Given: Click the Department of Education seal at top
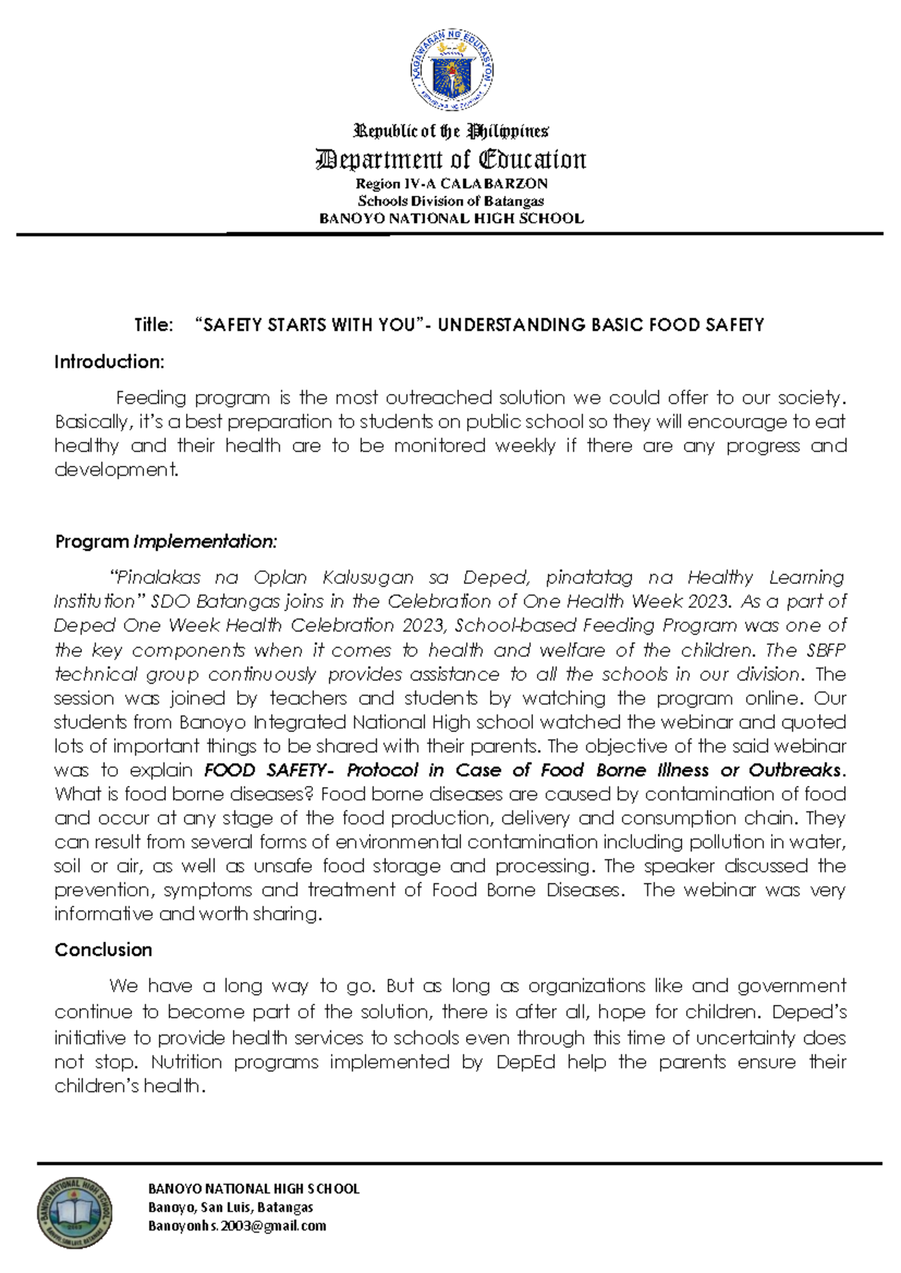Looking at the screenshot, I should pyautogui.click(x=451, y=73).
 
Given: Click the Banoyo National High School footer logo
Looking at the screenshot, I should pyautogui.click(x=74, y=1212).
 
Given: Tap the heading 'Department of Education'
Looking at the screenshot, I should pyautogui.click(x=451, y=160).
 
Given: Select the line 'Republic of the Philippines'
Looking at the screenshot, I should pyautogui.click(x=451, y=131).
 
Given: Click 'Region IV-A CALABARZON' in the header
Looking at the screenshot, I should pyautogui.click(x=451, y=184).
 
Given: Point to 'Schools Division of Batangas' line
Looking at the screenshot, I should pyautogui.click(x=451, y=201).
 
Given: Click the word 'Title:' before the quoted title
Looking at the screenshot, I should pyautogui.click(x=153, y=325).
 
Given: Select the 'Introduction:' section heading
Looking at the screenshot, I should pyautogui.click(x=109, y=362).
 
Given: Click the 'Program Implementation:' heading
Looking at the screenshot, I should pyautogui.click(x=166, y=541).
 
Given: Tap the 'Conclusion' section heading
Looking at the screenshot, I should pyautogui.click(x=103, y=949).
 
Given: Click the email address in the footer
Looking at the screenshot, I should pyautogui.click(x=237, y=1226).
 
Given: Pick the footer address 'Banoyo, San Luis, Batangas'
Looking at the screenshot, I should pyautogui.click(x=231, y=1207).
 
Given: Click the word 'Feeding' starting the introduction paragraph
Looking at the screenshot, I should pyautogui.click(x=150, y=398).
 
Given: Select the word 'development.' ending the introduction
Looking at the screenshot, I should pyautogui.click(x=116, y=470).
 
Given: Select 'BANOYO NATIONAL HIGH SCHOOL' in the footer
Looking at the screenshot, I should pyautogui.click(x=254, y=1189).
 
